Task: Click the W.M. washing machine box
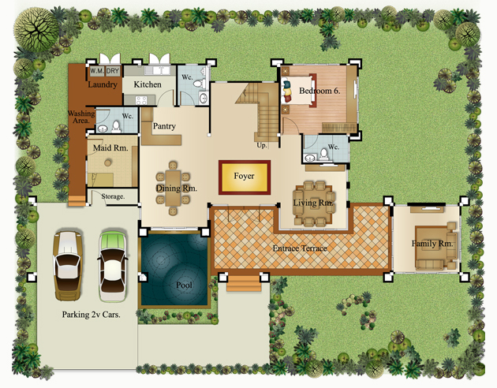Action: [97, 71]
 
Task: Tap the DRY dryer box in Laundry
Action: [113, 71]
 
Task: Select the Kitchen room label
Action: [148, 84]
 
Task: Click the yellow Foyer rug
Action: [245, 177]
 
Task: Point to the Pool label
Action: [184, 285]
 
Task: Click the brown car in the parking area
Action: [68, 266]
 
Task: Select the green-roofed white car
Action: [113, 266]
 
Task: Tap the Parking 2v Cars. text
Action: [92, 315]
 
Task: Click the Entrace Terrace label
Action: [300, 248]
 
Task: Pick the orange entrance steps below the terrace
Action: [244, 283]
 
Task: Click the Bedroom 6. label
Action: [319, 91]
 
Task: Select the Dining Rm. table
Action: [173, 188]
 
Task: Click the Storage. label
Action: [113, 196]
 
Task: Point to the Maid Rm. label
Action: [110, 148]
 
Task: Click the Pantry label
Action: [164, 126]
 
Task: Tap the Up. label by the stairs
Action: [262, 146]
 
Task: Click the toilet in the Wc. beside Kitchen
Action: [199, 84]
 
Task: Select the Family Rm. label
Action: [432, 244]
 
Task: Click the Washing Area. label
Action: [81, 117]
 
